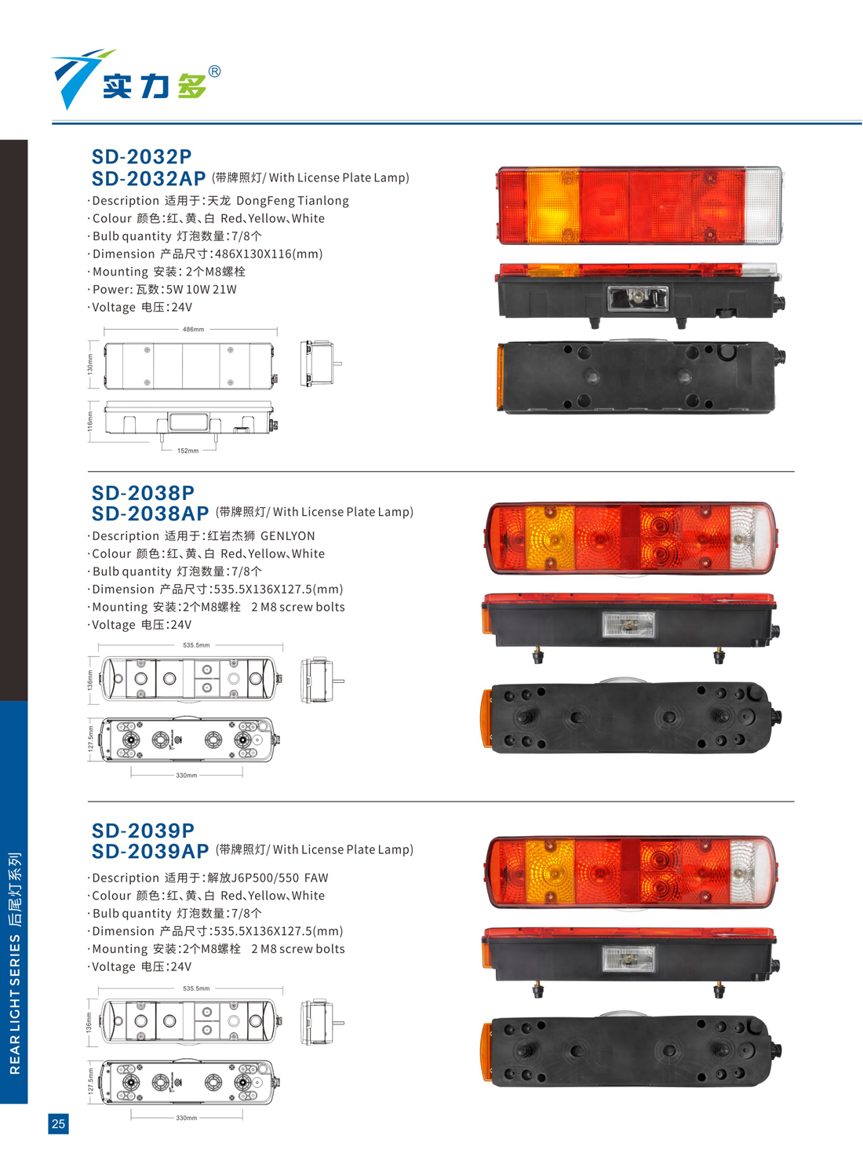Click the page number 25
point(59,1123)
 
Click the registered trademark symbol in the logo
point(214,71)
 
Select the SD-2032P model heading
point(142,156)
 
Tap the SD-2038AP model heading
point(150,513)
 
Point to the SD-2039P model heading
point(143,831)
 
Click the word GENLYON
point(288,536)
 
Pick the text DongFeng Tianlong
point(293,201)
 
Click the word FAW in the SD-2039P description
point(316,878)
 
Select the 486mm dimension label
point(193,329)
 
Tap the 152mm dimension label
point(188,451)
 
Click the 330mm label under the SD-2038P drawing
point(186,775)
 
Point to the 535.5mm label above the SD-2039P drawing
point(196,988)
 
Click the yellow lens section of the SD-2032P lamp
point(553,206)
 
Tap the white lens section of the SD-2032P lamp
point(763,206)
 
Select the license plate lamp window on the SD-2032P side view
point(638,298)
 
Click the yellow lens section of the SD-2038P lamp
point(550,538)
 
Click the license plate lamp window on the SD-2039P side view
point(628,959)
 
